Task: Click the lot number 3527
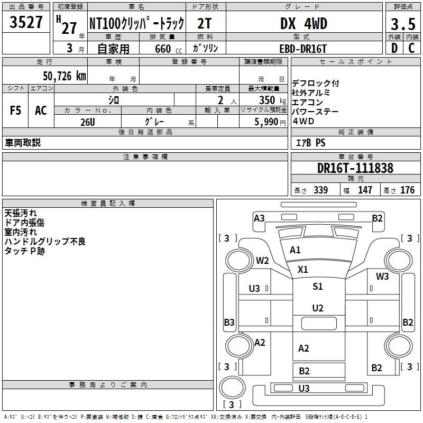point(26,23)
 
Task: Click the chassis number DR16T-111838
point(355,168)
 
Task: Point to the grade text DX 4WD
point(304,24)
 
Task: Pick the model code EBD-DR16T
point(304,48)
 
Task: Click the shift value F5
point(16,111)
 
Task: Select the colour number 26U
point(88,122)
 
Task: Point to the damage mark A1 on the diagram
point(295,250)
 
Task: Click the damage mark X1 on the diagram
point(302,269)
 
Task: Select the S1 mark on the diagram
point(317,287)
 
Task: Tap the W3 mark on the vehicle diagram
point(382,276)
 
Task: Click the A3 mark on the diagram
point(259,218)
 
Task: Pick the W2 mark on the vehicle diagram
point(263,260)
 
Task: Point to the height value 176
point(408,190)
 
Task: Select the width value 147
point(365,190)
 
